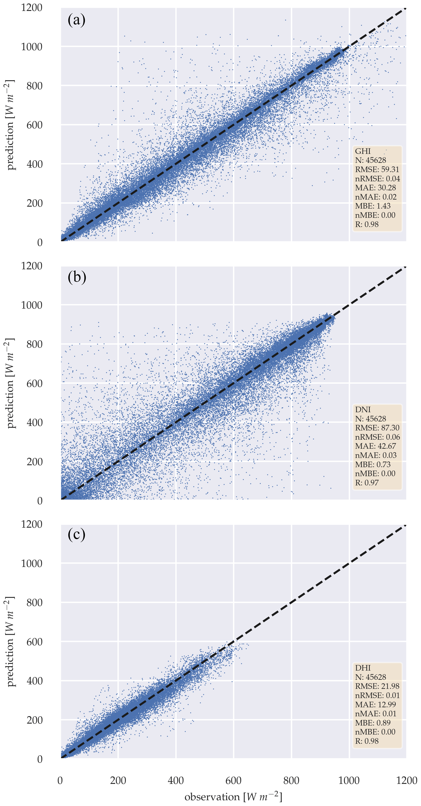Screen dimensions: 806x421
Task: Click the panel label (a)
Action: pos(76,20)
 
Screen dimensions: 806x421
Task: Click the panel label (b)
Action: pos(77,277)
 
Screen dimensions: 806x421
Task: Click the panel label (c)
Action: pos(76,534)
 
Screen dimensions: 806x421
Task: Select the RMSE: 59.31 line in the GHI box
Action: pos(377,170)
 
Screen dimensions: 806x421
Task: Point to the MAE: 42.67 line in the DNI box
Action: pos(375,446)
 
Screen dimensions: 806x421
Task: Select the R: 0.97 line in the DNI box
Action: pos(367,483)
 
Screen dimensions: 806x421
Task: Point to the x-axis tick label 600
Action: pos(233,780)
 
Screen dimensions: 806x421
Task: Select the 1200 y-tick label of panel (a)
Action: pos(32,7)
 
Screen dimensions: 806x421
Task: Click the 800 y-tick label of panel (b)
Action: pos(34,344)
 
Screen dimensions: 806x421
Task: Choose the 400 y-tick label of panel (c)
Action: pos(34,681)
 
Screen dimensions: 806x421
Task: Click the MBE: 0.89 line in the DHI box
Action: pos(373,723)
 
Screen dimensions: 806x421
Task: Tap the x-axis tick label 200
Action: pos(118,780)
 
